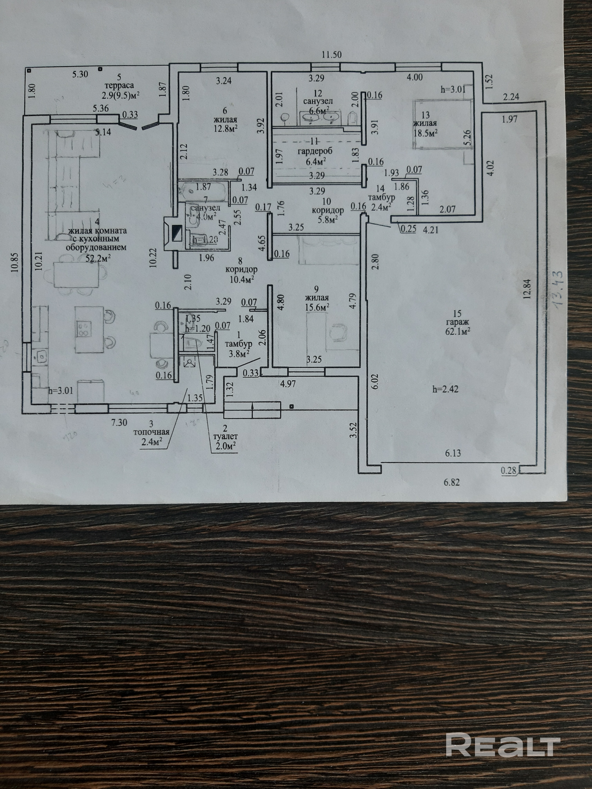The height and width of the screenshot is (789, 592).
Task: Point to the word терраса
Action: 119,85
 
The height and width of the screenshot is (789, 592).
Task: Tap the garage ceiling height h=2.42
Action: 444,389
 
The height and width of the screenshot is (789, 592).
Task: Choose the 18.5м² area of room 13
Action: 426,132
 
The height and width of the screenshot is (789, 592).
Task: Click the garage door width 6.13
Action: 453,453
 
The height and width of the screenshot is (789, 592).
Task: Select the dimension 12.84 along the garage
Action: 529,288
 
